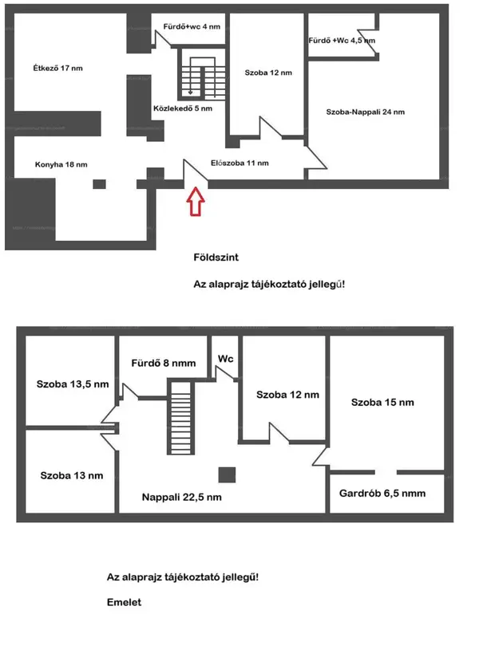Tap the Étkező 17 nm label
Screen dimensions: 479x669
[57, 68]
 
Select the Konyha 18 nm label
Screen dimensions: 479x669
[61, 164]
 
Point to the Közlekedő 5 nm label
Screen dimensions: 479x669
[183, 108]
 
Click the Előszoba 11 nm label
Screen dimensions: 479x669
[239, 163]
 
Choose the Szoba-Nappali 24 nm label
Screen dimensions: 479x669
[366, 112]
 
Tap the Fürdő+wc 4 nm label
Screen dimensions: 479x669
[192, 26]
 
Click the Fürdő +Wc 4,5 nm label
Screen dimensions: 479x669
[342, 41]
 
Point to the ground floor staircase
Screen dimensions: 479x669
[203, 77]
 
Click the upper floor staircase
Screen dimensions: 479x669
[180, 418]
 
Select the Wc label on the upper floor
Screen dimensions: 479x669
[226, 359]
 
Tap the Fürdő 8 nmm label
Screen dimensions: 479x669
[164, 363]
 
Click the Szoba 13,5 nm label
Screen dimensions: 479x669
[73, 384]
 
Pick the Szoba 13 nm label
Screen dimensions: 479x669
[72, 475]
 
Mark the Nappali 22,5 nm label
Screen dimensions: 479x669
[181, 497]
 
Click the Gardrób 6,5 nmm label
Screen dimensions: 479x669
[382, 494]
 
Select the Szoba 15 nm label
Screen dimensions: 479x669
[382, 403]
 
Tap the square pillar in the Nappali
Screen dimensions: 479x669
[227, 475]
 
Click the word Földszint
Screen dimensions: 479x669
[216, 258]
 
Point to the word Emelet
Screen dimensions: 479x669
[124, 602]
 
